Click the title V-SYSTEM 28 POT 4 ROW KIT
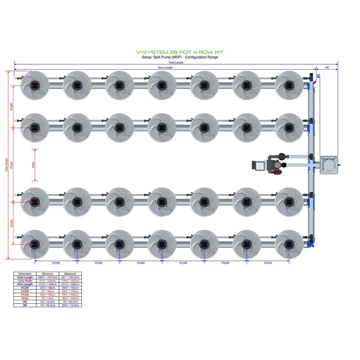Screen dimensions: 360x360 (180, 53)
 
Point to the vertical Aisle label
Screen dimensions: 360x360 (34, 165)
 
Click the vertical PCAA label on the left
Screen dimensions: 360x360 (12, 165)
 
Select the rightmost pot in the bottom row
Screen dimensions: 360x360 (288, 244)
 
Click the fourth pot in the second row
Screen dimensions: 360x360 (162, 127)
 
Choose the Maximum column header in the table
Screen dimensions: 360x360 (70, 274)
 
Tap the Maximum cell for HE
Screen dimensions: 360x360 (70, 305)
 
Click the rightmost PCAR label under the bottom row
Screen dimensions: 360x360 (268, 263)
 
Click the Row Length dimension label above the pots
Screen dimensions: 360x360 (165, 67)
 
